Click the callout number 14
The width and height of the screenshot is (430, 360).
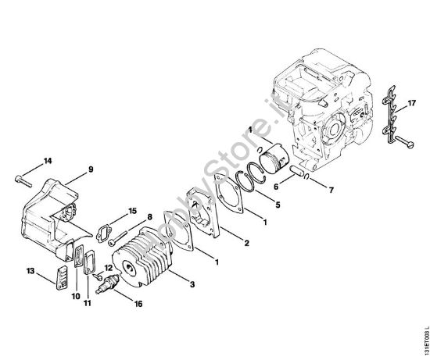tap(48, 161)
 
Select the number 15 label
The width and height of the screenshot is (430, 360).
tap(132, 210)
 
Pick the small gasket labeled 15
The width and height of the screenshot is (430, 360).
tap(104, 232)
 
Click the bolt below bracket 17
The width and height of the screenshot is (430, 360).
tap(401, 141)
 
